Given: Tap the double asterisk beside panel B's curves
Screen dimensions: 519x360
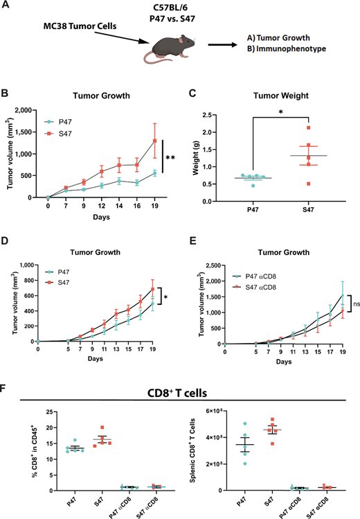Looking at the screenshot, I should point(170,158).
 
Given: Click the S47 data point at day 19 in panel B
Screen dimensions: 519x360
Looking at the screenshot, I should point(154,141).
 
